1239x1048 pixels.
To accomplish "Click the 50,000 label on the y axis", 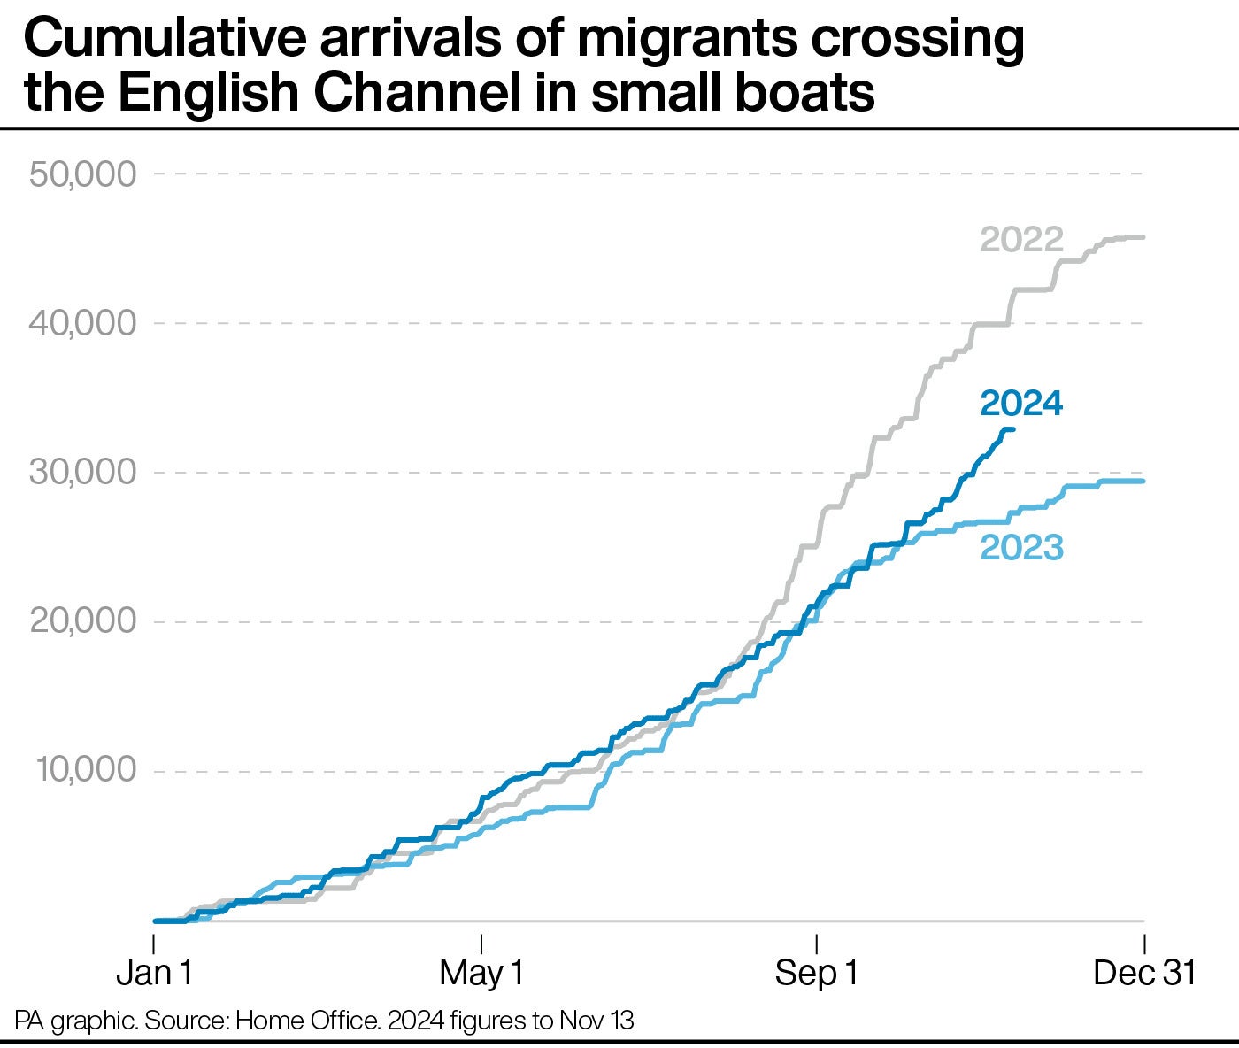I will click(83, 173).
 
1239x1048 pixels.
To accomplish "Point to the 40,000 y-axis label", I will click(83, 323).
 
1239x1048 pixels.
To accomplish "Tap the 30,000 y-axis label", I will click(83, 472).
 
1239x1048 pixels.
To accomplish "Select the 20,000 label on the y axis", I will click(83, 621).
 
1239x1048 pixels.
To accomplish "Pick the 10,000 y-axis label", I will click(87, 770).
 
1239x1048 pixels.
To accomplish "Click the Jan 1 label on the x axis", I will click(154, 973).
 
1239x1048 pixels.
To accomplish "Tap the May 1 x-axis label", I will click(481, 973).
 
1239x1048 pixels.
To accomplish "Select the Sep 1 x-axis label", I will click(816, 973).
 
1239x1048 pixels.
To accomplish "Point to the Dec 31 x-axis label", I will click(1143, 973).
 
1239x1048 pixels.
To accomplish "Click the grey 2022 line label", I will click(1021, 240).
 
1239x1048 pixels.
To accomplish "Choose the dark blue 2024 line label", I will click(1021, 404).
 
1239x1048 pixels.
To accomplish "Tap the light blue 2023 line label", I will click(1021, 547).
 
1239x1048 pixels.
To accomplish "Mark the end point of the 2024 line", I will click(1012, 429).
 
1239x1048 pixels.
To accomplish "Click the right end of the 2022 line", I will click(1143, 237).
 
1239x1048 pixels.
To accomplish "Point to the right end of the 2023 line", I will click(1143, 481).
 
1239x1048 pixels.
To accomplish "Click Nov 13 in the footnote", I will click(596, 1021).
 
